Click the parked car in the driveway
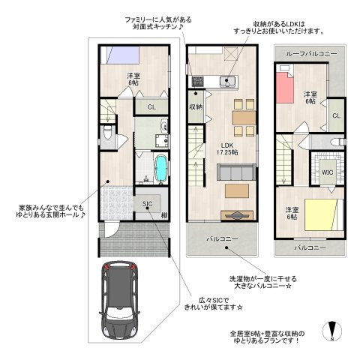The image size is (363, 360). pos(119,300)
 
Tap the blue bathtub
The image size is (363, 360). pos(161,168)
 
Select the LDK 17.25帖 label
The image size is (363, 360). pos(227,148)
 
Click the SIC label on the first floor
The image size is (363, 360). pos(148,204)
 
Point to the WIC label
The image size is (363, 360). pos(327,172)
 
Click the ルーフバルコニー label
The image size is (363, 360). pos(311,54)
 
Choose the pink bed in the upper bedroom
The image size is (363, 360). pos(285,87)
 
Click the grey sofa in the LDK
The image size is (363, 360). pos(236,172)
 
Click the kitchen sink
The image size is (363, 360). pos(227,82)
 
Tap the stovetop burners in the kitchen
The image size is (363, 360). pos(198,82)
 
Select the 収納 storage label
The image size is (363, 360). pos(196,106)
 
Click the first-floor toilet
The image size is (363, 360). pos(108,132)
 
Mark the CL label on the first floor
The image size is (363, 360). pos(151,107)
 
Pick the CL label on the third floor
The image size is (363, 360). pos(337,115)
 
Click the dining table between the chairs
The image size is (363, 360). pos(244,118)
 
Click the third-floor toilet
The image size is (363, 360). pos(337,142)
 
